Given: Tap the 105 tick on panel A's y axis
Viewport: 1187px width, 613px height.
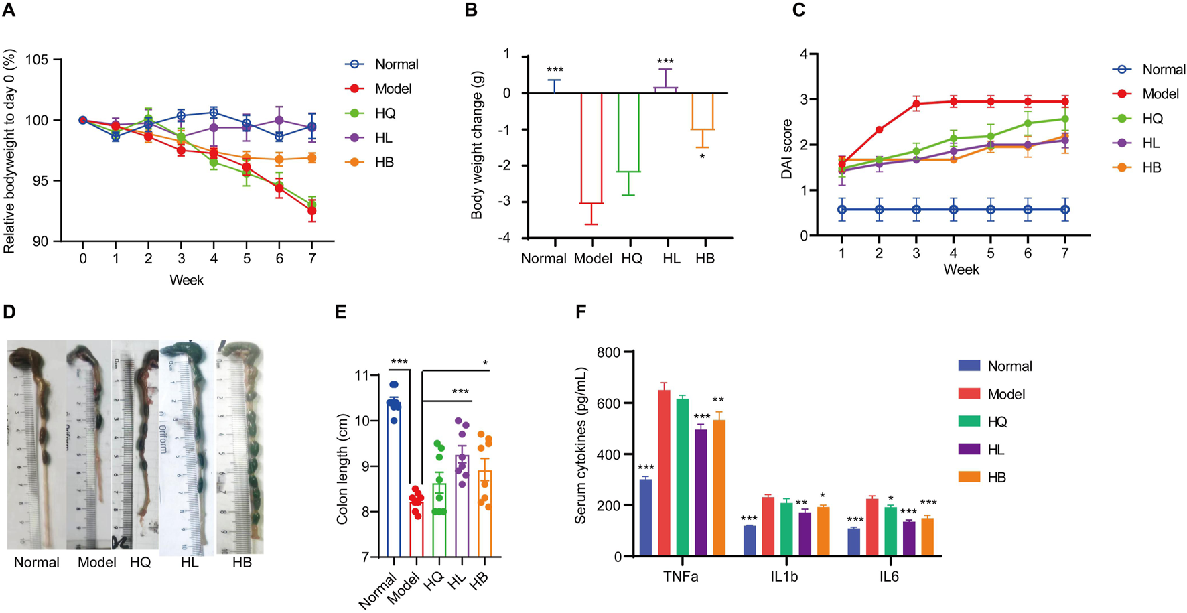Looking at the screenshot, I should (37, 60).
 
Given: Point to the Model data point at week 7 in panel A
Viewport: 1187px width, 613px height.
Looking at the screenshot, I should (311, 211).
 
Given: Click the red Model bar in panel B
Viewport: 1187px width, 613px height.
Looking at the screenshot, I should (592, 148).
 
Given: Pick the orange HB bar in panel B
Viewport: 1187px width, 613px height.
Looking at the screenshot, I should (703, 111).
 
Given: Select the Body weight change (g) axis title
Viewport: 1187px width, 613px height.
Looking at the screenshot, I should (477, 146).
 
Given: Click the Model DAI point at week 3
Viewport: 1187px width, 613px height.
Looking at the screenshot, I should (916, 104).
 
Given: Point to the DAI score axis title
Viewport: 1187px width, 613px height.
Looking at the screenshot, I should (787, 149).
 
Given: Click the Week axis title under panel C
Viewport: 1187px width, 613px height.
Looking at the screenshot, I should (961, 270).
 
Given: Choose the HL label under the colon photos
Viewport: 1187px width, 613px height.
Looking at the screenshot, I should (190, 563).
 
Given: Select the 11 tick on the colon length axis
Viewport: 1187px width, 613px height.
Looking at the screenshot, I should (362, 375).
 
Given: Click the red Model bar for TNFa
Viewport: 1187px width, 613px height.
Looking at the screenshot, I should (664, 473).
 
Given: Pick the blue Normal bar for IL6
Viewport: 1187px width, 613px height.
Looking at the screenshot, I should (854, 543).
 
